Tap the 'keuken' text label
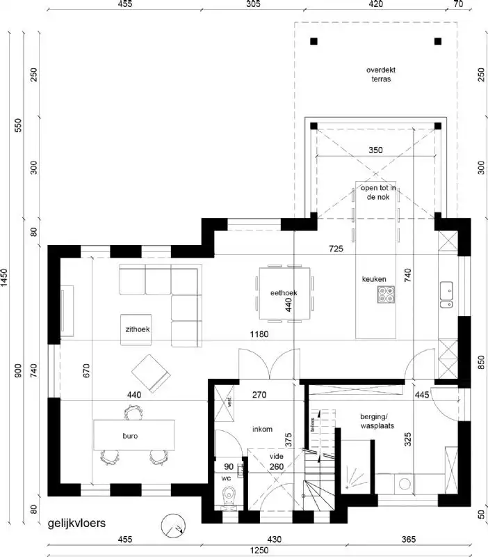373,279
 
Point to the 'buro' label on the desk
130,437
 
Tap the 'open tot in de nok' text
379,193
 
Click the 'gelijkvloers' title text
77,524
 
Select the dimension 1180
260,334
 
